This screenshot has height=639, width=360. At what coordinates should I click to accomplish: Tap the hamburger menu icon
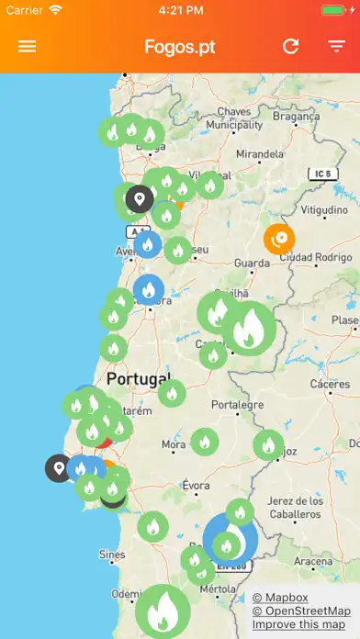pyautogui.click(x=28, y=46)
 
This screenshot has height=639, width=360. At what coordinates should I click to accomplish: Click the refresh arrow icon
pyautogui.click(x=291, y=46)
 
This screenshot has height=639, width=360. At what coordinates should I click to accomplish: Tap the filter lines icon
pyautogui.click(x=336, y=46)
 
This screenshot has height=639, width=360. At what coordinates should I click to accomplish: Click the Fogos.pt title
pyautogui.click(x=180, y=46)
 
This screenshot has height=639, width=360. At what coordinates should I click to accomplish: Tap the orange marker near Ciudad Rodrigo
pyautogui.click(x=279, y=239)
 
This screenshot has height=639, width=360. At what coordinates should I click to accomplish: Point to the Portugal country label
pyautogui.click(x=138, y=378)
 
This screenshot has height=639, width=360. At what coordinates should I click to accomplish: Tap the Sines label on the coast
pyautogui.click(x=111, y=555)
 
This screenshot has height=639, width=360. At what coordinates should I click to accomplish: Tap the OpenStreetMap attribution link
pyautogui.click(x=301, y=611)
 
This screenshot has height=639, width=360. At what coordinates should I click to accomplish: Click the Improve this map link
pyautogui.click(x=300, y=625)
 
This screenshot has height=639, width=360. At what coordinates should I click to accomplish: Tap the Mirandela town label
pyautogui.click(x=261, y=154)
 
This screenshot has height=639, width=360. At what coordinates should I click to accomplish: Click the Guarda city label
pyautogui.click(x=252, y=263)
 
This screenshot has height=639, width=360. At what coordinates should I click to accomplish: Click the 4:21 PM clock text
pyautogui.click(x=180, y=10)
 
